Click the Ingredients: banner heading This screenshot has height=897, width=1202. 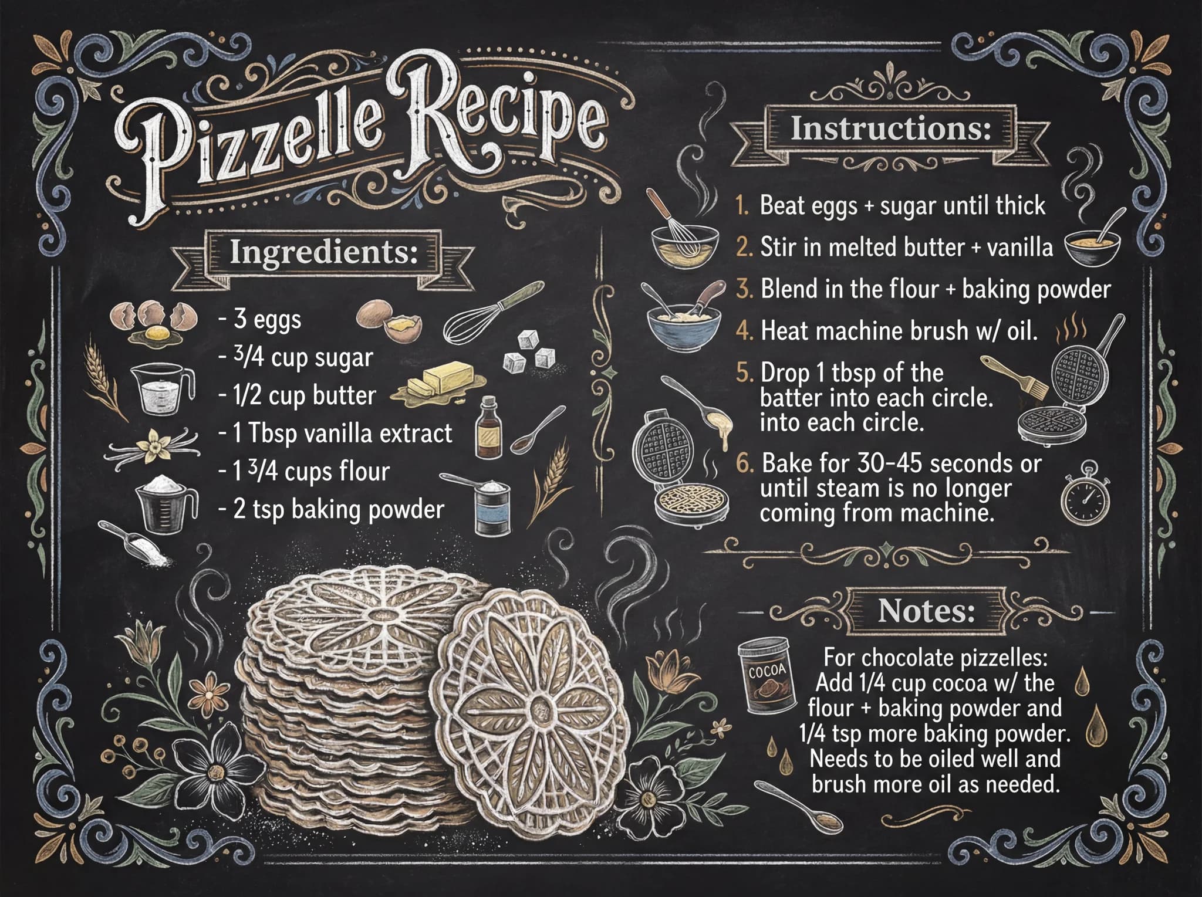tap(322, 253)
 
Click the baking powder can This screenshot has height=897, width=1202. tap(491, 509)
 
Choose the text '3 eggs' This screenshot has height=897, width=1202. tap(267, 320)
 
